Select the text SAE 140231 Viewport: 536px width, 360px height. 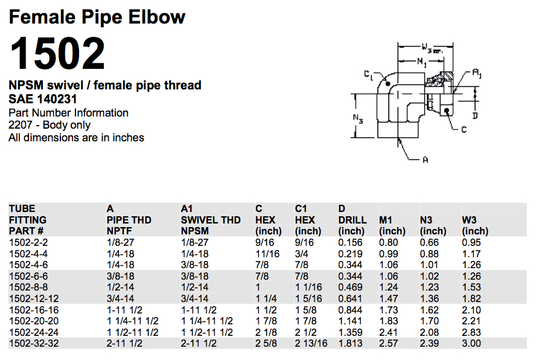click(x=43, y=99)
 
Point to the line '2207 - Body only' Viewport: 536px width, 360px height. click(x=49, y=125)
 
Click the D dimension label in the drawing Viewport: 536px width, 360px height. click(x=475, y=115)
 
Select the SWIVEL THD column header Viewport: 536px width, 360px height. click(x=211, y=220)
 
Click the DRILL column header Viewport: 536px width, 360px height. click(x=353, y=220)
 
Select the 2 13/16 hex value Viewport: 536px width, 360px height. click(x=311, y=343)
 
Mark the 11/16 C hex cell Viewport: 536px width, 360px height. click(x=267, y=254)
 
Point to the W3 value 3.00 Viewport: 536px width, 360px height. click(x=471, y=343)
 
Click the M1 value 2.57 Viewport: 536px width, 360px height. click(x=389, y=343)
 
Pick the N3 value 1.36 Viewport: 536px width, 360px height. click(x=430, y=298)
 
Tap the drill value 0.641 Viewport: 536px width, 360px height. click(x=351, y=298)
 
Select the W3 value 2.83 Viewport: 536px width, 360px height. click(x=471, y=332)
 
